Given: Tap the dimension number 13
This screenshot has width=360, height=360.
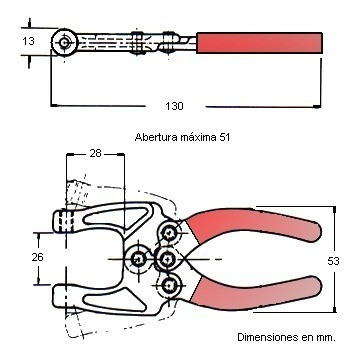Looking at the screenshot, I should point(27,41).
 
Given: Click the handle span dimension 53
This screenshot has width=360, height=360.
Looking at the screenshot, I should point(333,260).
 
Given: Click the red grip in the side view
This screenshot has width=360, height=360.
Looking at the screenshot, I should point(260,42).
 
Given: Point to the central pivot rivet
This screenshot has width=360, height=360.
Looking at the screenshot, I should point(167,260).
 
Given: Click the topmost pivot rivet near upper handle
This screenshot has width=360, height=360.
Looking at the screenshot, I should point(171,235).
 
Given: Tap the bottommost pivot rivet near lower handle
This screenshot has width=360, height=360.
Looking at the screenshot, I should point(171,285).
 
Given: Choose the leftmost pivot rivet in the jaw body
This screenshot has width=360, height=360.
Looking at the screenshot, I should point(138,260).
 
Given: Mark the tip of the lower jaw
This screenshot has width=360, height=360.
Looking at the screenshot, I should point(62,294).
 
